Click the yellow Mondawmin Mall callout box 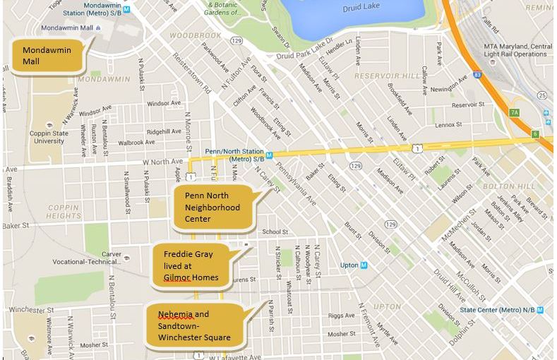(45, 56)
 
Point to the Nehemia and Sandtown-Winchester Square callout (194, 325)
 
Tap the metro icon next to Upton (364, 265)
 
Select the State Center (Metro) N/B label (497, 309)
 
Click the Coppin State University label (47, 136)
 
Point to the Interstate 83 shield (479, 74)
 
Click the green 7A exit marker (514, 112)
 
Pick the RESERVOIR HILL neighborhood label (387, 76)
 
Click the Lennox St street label (448, 124)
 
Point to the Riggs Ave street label (341, 316)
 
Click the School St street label (275, 232)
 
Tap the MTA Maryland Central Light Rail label (516, 50)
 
